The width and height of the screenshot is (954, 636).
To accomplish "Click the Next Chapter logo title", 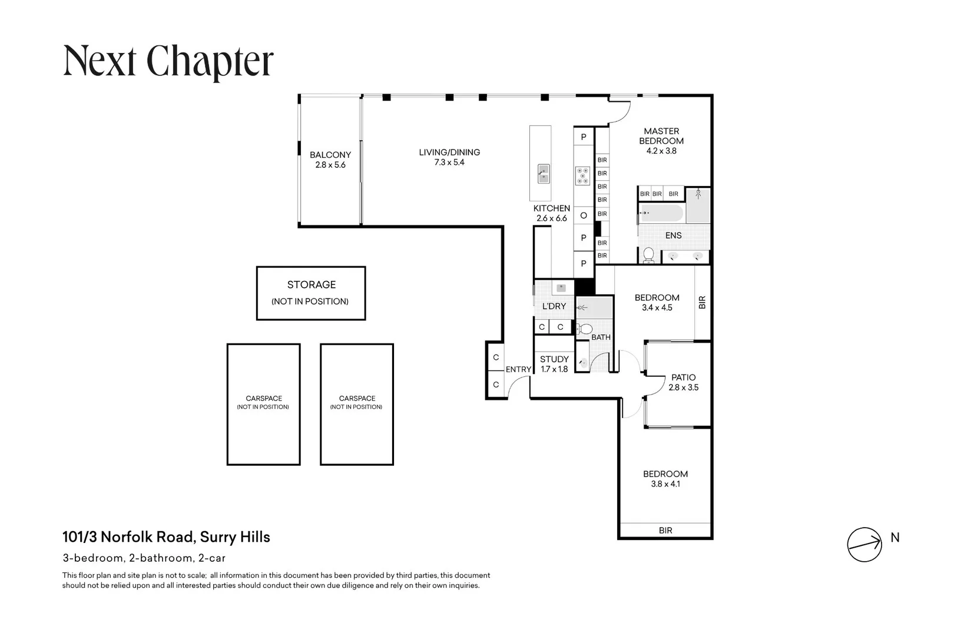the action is tap(168, 62).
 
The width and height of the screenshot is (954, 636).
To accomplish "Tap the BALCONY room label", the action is tap(330, 155).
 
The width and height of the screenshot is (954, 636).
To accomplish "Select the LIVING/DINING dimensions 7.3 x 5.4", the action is tap(449, 163).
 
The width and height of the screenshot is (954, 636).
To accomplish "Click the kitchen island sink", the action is tap(544, 174).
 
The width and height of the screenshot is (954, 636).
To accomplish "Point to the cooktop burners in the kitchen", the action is tap(582, 176).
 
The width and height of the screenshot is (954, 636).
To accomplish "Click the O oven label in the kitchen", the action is tap(584, 216).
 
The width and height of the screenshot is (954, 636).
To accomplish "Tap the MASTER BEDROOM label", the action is tap(661, 136).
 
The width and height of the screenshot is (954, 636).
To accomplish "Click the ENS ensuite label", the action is tap(673, 236).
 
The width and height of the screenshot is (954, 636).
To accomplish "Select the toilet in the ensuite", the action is tap(648, 255).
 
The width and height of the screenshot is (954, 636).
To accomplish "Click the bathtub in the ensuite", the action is tap(661, 213).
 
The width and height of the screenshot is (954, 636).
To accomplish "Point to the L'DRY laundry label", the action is tap(554, 306).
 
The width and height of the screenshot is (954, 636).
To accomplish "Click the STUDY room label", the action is tap(554, 359).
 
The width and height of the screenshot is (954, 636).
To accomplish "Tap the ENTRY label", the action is tap(518, 369).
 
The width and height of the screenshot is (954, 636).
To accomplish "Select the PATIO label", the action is tap(683, 377).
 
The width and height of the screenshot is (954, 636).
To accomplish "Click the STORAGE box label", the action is tap(312, 284).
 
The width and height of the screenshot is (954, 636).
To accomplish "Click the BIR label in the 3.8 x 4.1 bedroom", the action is tap(665, 531).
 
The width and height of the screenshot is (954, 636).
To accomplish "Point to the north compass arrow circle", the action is tap(864, 544).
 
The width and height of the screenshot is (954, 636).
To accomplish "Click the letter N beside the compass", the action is tap(895, 538).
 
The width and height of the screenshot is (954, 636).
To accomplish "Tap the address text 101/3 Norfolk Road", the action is tap(130, 537).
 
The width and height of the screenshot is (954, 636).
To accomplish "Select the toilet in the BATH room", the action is tap(584, 329).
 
